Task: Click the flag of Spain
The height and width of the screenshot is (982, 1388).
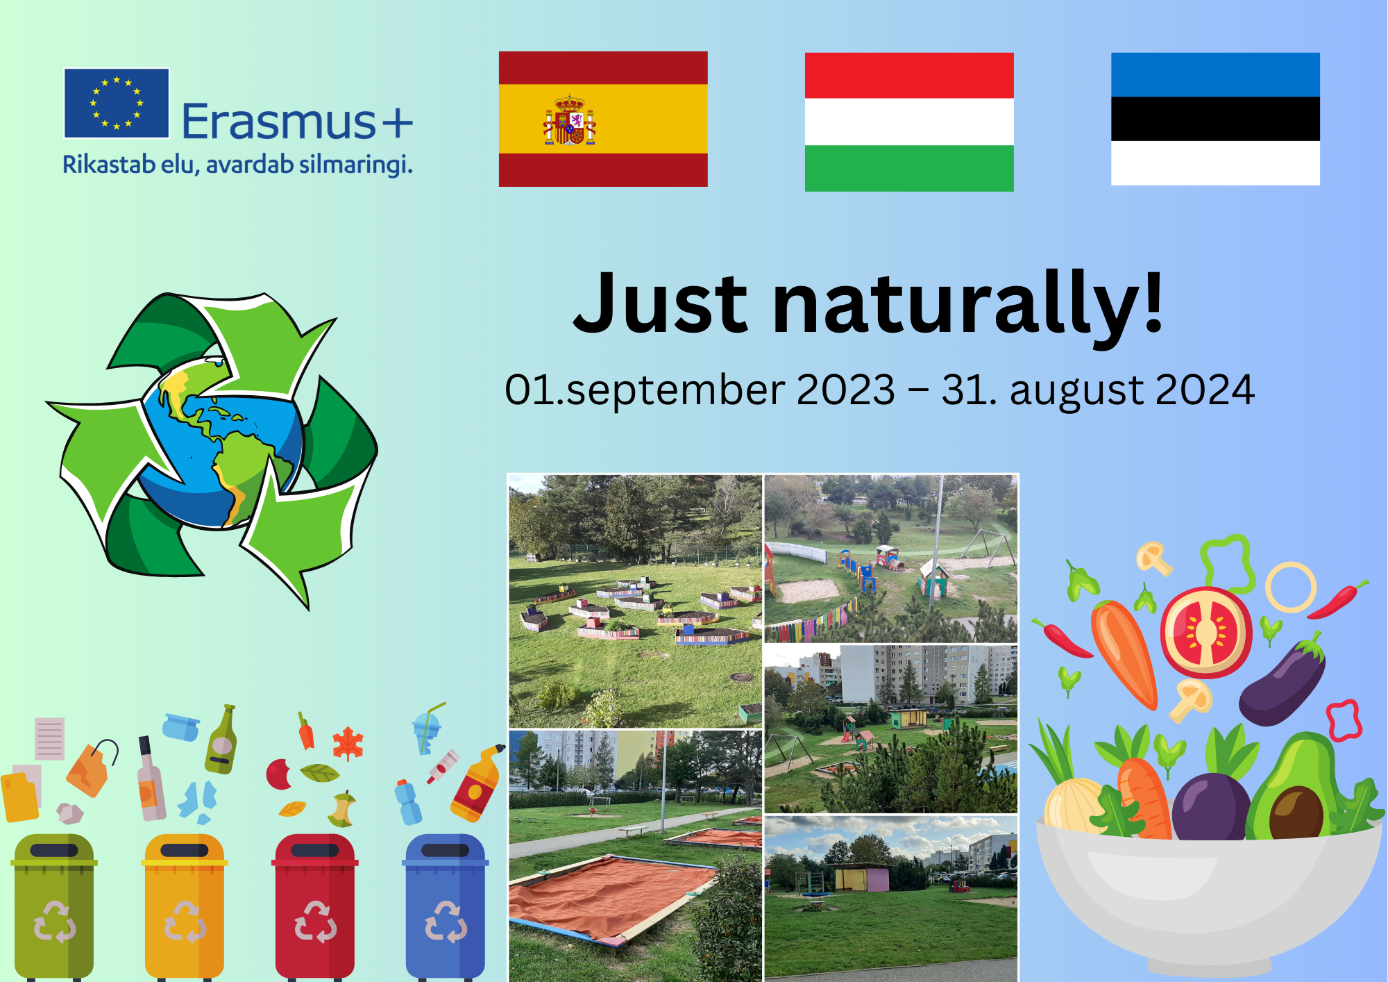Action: [603, 119]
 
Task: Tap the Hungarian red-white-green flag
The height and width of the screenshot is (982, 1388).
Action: [909, 122]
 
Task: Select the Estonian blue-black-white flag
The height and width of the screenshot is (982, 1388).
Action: [1215, 119]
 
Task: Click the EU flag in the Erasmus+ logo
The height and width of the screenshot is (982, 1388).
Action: [117, 103]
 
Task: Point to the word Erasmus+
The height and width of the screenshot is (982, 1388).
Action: [297, 122]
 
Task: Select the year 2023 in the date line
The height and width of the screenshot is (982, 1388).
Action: [846, 390]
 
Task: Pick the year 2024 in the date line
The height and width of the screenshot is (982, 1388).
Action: [1205, 390]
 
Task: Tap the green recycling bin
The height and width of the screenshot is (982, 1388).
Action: [54, 906]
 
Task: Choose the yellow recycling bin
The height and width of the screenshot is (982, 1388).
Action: [185, 906]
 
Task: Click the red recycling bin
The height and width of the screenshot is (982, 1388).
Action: [315, 906]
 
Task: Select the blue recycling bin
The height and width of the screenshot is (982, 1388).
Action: [446, 906]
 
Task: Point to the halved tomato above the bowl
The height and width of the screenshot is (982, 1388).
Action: [1206, 632]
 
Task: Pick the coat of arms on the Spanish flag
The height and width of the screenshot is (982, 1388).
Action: [570, 120]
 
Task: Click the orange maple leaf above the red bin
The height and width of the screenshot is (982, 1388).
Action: [348, 744]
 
